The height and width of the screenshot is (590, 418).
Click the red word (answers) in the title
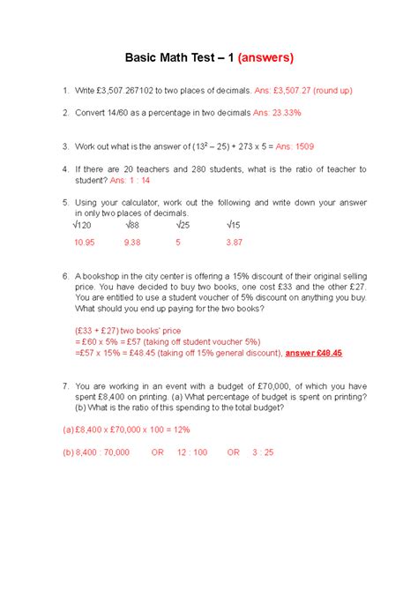(258, 58)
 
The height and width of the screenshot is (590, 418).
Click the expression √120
(86, 226)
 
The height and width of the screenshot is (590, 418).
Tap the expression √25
(183, 226)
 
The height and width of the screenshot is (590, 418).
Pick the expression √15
(235, 226)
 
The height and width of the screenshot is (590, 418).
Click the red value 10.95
(85, 242)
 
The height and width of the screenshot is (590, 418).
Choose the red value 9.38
(133, 242)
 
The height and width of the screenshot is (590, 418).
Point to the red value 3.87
(234, 242)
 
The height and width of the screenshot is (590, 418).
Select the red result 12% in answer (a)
(180, 429)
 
